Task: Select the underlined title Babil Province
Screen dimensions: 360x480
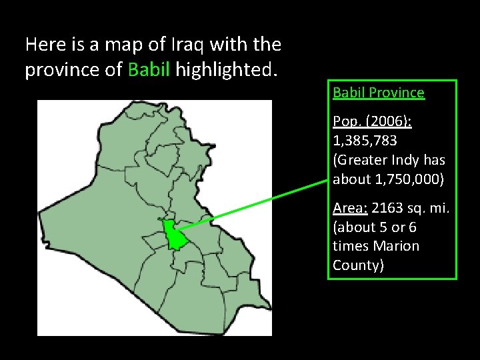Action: (378, 93)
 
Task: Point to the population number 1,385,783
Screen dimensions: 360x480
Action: (365, 141)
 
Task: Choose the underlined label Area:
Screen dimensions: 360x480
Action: (350, 209)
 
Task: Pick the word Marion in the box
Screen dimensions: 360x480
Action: (397, 246)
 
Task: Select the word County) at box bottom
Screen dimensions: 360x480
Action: (359, 265)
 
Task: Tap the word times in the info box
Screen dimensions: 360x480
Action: (351, 246)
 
